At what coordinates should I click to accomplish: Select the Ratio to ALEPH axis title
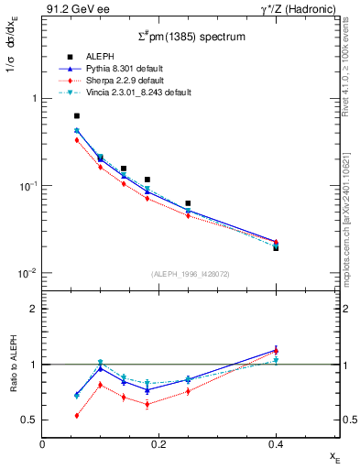coord(13,365)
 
